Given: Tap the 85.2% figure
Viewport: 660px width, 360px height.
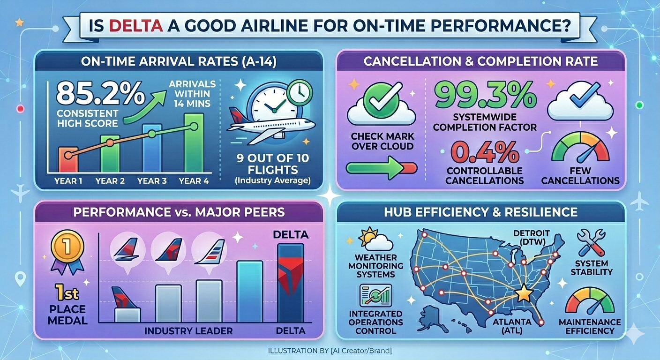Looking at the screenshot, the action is pos(100,94).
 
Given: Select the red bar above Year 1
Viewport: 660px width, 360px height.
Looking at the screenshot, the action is pos(68,159).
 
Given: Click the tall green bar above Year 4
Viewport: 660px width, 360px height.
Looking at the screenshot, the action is pos(194,142).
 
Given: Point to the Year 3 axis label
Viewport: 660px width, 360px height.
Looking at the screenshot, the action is pos(152,180).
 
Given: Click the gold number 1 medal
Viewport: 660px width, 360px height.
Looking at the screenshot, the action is pos(67,246).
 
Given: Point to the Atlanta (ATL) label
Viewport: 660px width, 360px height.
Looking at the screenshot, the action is pos(512,326).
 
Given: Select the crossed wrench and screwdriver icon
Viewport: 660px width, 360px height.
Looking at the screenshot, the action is pos(591,242).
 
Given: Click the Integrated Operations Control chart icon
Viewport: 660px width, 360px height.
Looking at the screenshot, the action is pos(375,295).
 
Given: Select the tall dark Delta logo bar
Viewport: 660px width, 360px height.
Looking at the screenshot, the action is pos(291,283).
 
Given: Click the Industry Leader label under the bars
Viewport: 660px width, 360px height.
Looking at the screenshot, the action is pos(188,331).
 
